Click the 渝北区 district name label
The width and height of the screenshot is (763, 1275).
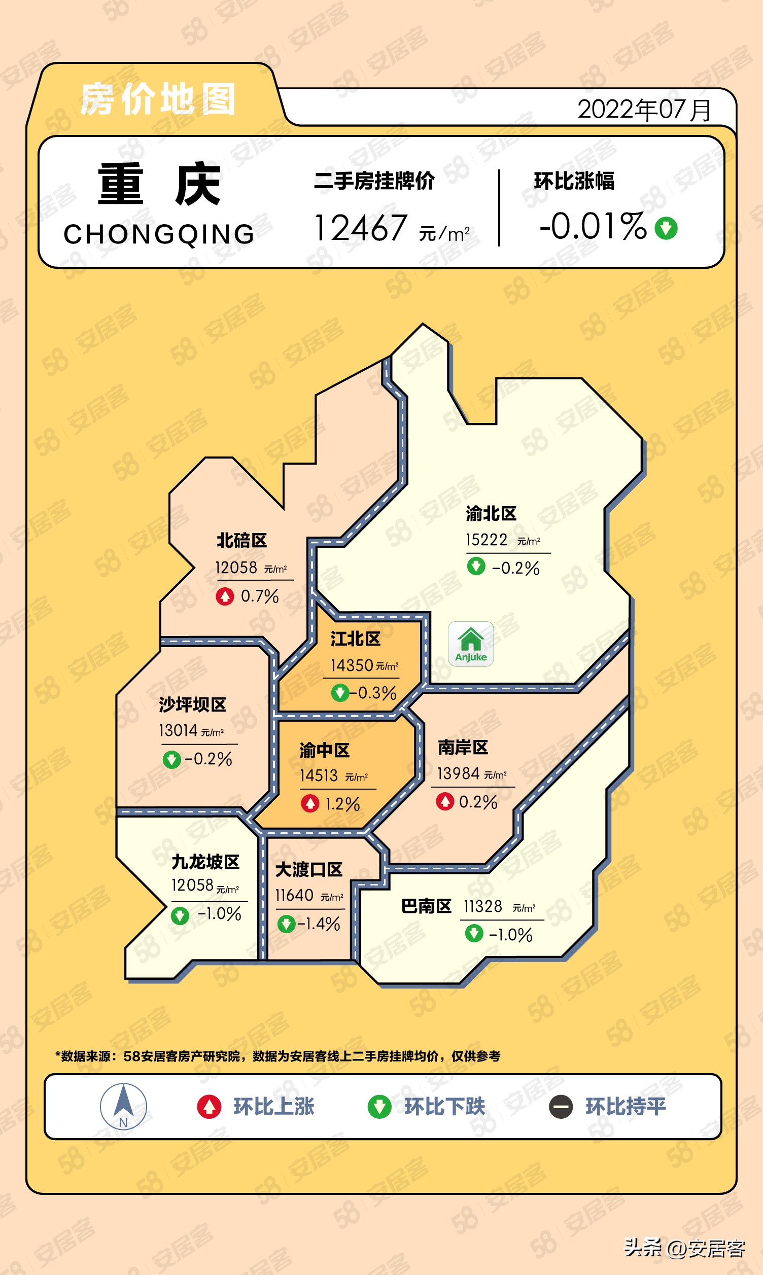tap(491, 513)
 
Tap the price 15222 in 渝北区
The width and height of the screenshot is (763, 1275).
tap(487, 540)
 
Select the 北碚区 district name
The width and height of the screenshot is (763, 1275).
tap(241, 541)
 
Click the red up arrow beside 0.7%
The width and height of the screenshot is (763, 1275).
tap(225, 596)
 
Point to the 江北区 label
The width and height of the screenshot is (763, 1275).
tap(355, 639)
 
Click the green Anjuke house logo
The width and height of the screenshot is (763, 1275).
tap(470, 644)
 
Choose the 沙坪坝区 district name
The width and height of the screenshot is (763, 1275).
tap(193, 704)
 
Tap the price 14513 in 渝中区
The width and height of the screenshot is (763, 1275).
tap(319, 775)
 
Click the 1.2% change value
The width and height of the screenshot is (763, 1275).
tap(342, 804)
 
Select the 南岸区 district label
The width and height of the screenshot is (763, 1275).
tap(463, 748)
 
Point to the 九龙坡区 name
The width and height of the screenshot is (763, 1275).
tap(205, 862)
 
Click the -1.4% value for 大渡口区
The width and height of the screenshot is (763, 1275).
tap(319, 924)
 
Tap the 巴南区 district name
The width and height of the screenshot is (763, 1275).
tap(426, 906)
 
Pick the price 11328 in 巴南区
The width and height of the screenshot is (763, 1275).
tap(483, 906)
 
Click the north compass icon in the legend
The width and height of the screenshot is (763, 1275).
tap(123, 1107)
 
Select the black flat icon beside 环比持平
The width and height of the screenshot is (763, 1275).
tap(561, 1107)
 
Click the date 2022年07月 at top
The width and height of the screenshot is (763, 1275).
tap(644, 110)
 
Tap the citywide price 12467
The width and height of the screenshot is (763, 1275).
tap(361, 228)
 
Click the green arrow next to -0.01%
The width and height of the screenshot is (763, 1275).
tap(666, 228)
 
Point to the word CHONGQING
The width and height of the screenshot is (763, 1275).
tap(159, 234)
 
